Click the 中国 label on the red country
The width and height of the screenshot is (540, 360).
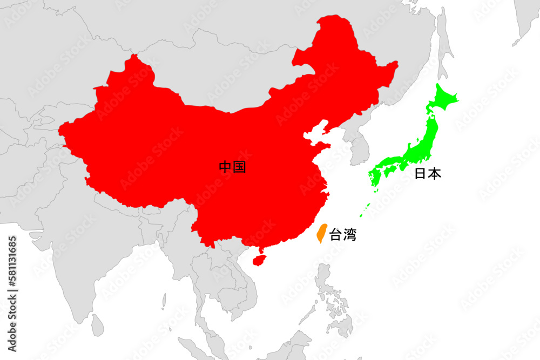tap(232, 167)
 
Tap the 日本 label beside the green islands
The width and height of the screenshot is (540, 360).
tap(428, 174)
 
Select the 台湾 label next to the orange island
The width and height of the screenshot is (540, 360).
tap(343, 235)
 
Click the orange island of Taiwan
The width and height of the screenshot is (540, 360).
tap(320, 234)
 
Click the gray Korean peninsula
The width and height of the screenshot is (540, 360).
tap(357, 148)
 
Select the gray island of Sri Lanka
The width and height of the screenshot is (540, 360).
tap(97, 326)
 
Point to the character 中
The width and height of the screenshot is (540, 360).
tap(226, 167)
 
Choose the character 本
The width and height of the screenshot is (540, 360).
tap(435, 174)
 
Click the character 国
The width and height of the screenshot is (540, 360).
tap(239, 167)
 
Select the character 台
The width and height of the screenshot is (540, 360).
tap(336, 235)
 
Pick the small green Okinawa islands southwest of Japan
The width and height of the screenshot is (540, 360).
tap(367, 207)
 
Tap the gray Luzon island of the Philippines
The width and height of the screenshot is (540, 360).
tap(324, 281)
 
